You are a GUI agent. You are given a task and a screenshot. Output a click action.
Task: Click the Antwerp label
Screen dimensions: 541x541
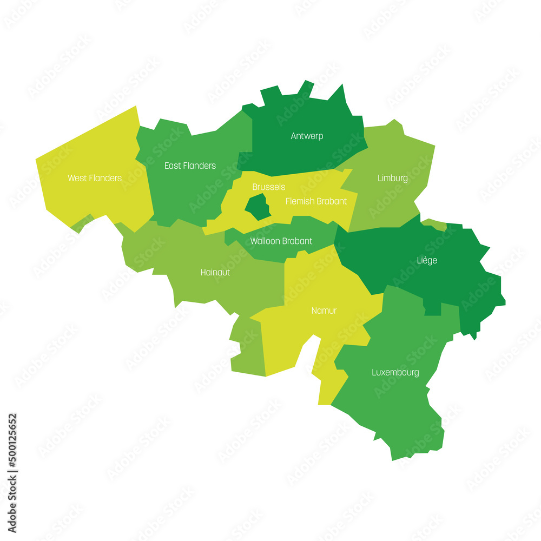coord(307,136)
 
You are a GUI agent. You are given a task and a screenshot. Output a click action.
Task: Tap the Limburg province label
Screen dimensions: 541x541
coord(392,178)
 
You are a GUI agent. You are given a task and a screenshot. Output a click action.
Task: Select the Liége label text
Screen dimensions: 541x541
coord(427,261)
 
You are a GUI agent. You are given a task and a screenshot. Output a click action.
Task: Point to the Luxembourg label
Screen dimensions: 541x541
coord(395,373)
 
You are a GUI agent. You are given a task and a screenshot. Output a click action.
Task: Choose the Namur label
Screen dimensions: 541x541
coord(324,311)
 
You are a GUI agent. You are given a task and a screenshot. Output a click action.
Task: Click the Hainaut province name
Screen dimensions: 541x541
coord(215,273)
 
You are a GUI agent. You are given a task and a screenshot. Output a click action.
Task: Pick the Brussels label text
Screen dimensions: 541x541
coord(268,187)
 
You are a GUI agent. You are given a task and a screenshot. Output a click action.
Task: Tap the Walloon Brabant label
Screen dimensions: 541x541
coord(281,241)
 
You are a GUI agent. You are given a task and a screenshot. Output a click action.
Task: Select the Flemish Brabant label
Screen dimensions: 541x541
coord(316,201)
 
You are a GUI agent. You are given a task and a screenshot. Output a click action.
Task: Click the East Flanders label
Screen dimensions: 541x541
coord(190,166)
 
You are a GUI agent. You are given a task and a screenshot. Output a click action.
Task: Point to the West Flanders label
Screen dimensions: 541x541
coord(95,178)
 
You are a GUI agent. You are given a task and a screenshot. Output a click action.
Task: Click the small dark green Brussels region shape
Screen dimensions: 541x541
coord(258,207)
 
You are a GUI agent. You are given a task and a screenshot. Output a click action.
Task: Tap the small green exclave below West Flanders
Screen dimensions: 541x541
coord(80,224)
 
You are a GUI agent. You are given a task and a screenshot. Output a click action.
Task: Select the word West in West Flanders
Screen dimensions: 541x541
coord(77,178)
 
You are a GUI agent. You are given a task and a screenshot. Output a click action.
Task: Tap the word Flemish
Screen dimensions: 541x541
coord(300,201)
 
